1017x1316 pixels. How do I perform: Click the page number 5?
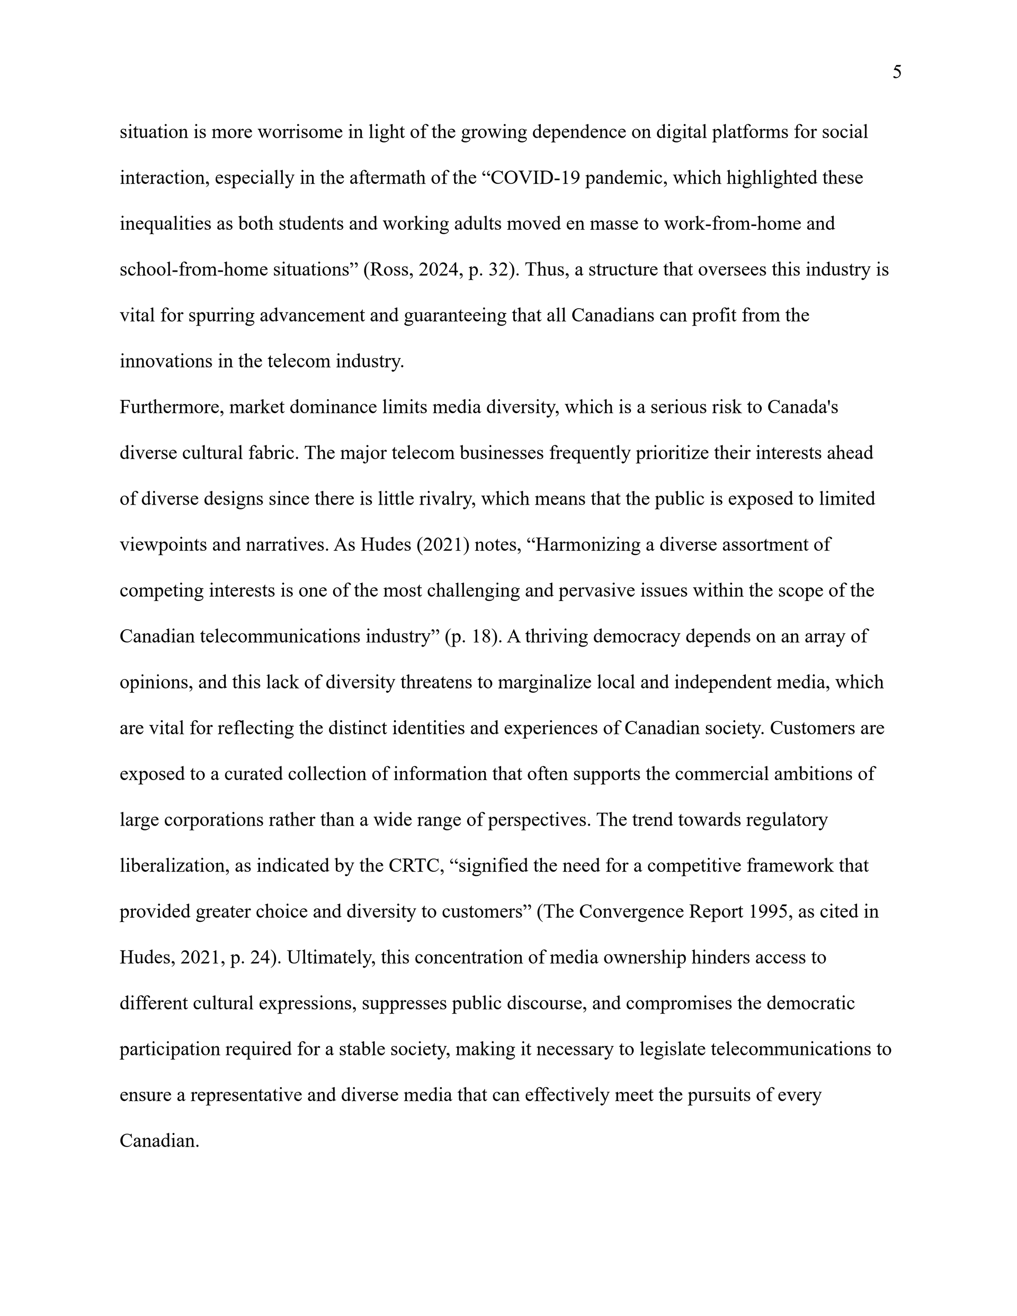coord(896,73)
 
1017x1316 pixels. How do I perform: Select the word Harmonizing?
coord(588,545)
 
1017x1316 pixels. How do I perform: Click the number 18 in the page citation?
coord(482,637)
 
